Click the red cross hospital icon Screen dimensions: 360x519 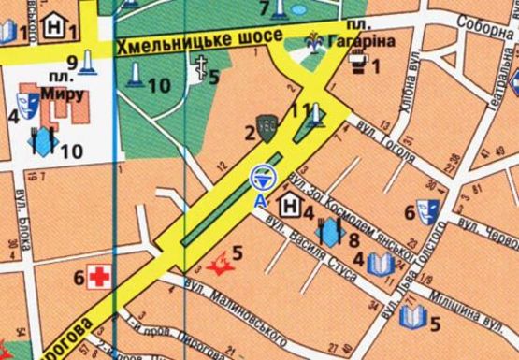tap(97, 276)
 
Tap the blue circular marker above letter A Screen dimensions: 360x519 tap(261, 176)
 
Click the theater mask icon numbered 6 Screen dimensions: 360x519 tap(428, 209)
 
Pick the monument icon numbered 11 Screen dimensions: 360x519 tap(316, 114)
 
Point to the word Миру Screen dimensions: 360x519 tap(64, 94)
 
